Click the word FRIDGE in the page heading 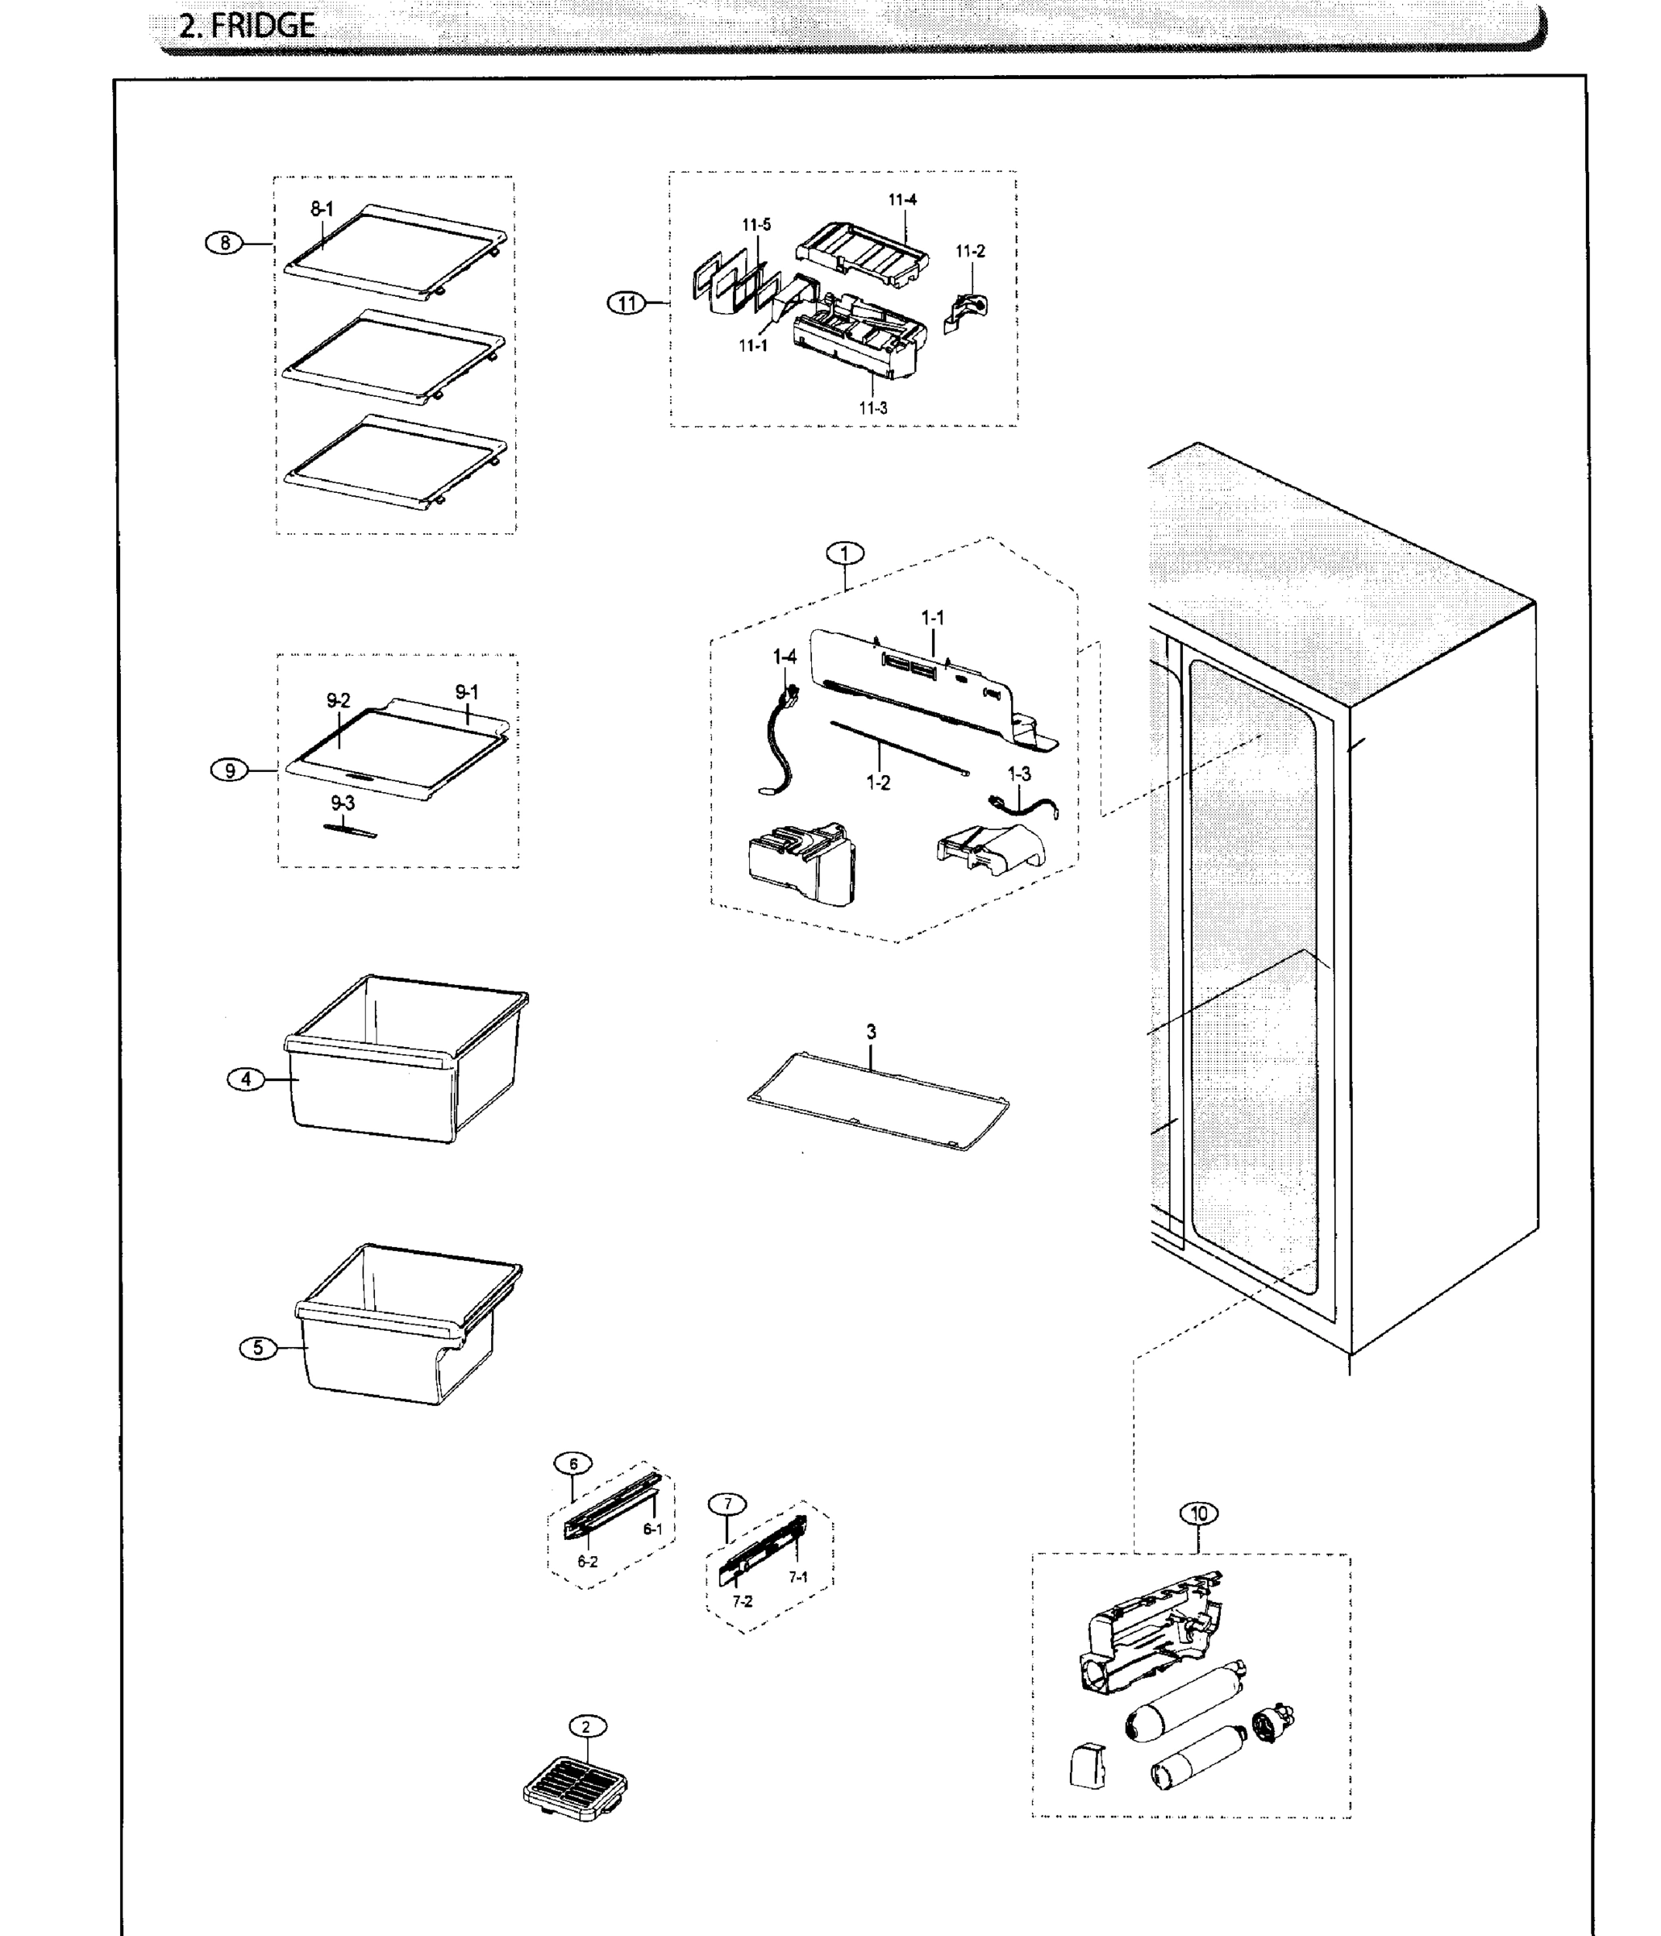[263, 25]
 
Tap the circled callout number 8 [224, 243]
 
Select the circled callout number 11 [626, 302]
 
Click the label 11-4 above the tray [902, 200]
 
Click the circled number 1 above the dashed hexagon [844, 553]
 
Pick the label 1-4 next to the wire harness [785, 657]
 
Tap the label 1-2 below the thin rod [878, 783]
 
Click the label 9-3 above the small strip [343, 803]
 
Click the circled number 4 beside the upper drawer [246, 1079]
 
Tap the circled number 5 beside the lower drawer [258, 1347]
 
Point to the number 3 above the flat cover [871, 1032]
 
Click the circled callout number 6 [572, 1463]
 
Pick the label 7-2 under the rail [742, 1600]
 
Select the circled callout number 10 [1200, 1512]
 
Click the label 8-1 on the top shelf [322, 209]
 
